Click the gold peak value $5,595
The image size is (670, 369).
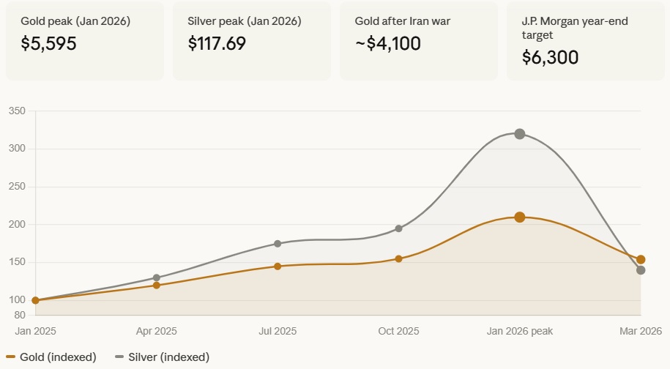[x=48, y=43]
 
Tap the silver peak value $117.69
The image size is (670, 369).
[x=217, y=43]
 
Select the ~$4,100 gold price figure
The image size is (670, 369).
[x=387, y=43]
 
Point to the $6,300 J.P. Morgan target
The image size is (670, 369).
[x=550, y=56]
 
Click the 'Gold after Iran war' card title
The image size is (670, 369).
[x=402, y=21]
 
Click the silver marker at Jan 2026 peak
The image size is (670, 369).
[x=519, y=134]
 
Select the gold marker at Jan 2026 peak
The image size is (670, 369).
[x=519, y=217]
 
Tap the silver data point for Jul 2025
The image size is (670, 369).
[x=278, y=244]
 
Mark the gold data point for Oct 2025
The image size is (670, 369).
[x=398, y=258]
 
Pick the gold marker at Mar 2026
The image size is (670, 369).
[x=641, y=259]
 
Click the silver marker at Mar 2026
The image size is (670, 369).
[x=641, y=270]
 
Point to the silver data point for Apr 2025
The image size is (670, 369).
[x=156, y=278]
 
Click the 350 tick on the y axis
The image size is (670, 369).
[x=17, y=111]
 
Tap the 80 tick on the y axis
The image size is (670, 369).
[x=20, y=316]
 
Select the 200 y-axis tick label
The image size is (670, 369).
[x=17, y=225]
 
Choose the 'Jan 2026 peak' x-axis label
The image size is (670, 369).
[x=519, y=332]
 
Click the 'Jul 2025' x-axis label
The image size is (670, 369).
[x=278, y=332]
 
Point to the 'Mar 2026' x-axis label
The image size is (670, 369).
[x=641, y=332]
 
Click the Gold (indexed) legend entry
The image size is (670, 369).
[x=51, y=357]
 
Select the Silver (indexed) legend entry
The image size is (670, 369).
[x=162, y=357]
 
